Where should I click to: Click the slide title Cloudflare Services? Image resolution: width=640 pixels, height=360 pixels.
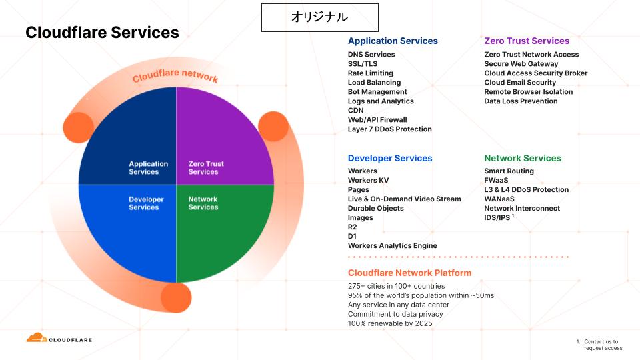(x=102, y=32)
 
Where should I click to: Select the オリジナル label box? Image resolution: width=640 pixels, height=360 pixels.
(x=319, y=17)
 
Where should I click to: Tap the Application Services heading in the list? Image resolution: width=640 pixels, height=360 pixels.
(x=393, y=41)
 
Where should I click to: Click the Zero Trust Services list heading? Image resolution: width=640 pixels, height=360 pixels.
(x=527, y=41)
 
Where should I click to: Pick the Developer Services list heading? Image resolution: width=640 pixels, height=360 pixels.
(x=390, y=158)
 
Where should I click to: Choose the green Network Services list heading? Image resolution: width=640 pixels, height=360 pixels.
(x=523, y=158)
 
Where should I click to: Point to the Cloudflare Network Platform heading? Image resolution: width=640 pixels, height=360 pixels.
(x=409, y=273)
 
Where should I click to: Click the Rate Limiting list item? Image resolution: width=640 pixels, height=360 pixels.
(x=371, y=73)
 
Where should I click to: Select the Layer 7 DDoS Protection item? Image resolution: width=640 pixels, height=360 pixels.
(x=389, y=129)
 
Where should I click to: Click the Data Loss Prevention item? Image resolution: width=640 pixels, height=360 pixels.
(x=521, y=101)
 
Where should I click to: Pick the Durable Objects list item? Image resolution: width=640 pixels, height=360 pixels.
(x=375, y=209)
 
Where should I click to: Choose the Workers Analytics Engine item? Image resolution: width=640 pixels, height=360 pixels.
(x=392, y=246)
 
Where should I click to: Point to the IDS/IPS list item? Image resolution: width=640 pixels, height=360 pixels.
(x=497, y=218)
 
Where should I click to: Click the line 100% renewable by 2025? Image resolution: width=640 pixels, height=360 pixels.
(x=390, y=324)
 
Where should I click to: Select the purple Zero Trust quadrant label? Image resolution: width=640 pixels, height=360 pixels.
(x=206, y=168)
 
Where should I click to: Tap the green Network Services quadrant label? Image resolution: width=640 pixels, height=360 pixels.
(x=203, y=203)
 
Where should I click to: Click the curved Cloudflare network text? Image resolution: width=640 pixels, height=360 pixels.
(x=175, y=75)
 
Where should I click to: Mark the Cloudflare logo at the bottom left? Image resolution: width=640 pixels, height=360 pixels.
(x=59, y=339)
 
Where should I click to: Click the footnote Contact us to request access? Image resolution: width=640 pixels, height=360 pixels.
(x=603, y=345)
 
